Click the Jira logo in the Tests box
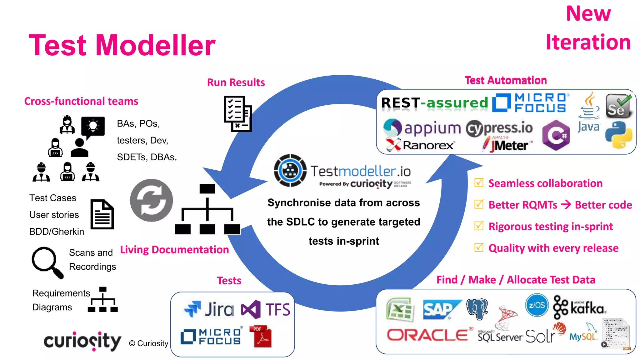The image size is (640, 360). click(x=209, y=309)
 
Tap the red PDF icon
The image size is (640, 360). click(x=261, y=337)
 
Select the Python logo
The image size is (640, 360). click(x=618, y=135)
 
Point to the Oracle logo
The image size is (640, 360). click(x=427, y=335)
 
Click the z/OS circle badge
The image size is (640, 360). click(x=537, y=305)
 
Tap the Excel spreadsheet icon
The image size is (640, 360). click(x=400, y=309)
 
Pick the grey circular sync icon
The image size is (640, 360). click(x=152, y=200)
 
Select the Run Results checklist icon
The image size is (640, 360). click(x=237, y=114)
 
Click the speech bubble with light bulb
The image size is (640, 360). click(x=93, y=127)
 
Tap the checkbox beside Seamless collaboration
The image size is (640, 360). click(x=479, y=183)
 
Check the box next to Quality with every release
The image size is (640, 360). click(x=479, y=247)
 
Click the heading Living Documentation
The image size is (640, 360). click(x=174, y=249)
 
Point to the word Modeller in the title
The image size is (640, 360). click(x=155, y=45)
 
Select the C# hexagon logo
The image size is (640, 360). click(x=556, y=135)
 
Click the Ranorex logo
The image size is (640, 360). click(x=419, y=145)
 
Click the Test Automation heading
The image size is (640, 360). click(x=506, y=80)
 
